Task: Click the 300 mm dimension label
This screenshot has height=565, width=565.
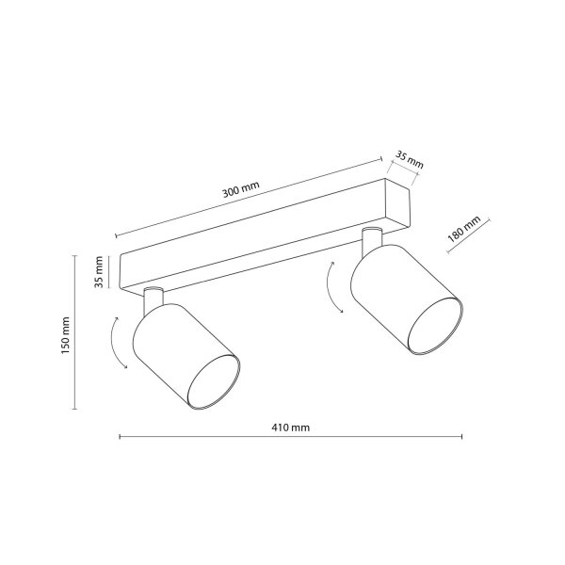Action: pyautogui.click(x=241, y=189)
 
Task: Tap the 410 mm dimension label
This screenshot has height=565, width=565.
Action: pyautogui.click(x=290, y=428)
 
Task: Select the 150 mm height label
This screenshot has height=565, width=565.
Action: pyautogui.click(x=65, y=335)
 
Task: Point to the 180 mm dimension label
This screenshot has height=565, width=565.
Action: pyautogui.click(x=463, y=229)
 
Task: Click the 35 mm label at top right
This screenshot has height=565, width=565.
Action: pyautogui.click(x=410, y=159)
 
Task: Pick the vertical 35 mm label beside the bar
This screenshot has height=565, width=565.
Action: pyautogui.click(x=99, y=272)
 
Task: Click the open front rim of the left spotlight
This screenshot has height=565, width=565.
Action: pyautogui.click(x=214, y=382)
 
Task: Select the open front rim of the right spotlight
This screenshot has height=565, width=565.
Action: pyautogui.click(x=435, y=326)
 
